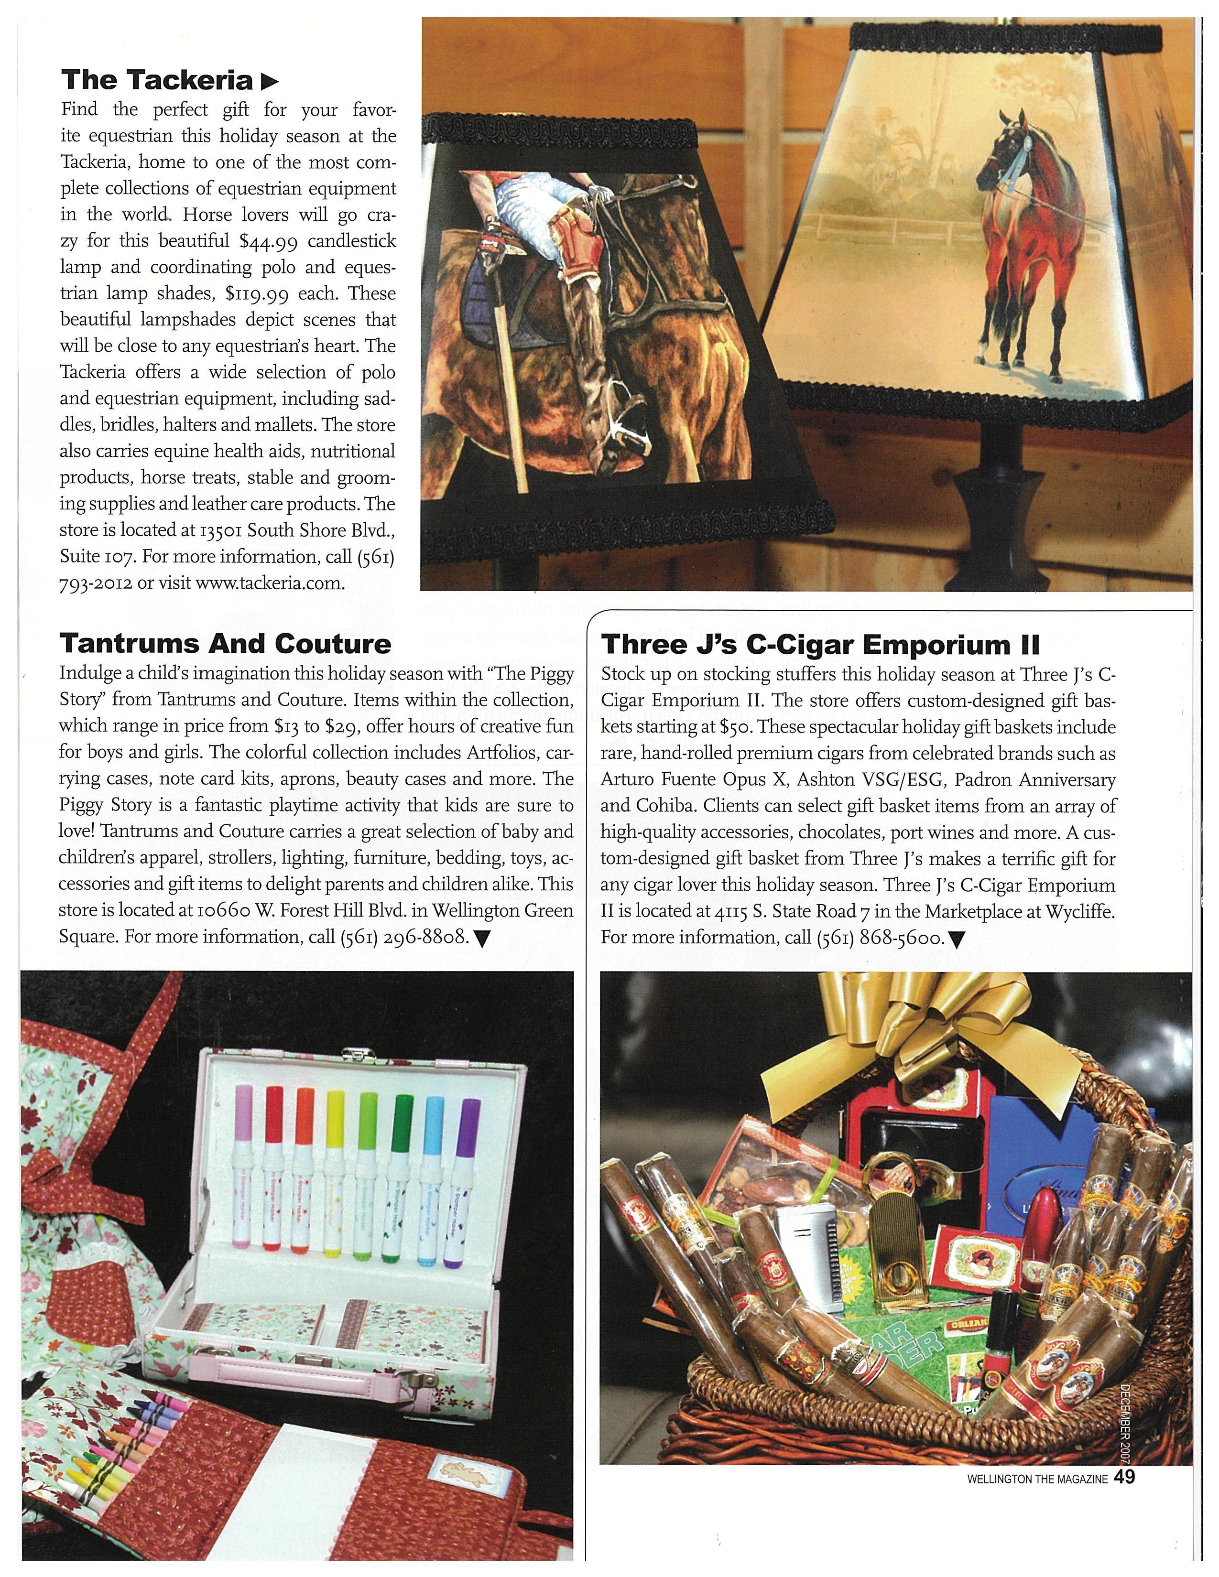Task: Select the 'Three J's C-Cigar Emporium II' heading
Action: [820, 643]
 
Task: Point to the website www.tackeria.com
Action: [269, 583]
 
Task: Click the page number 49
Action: [1124, 1477]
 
